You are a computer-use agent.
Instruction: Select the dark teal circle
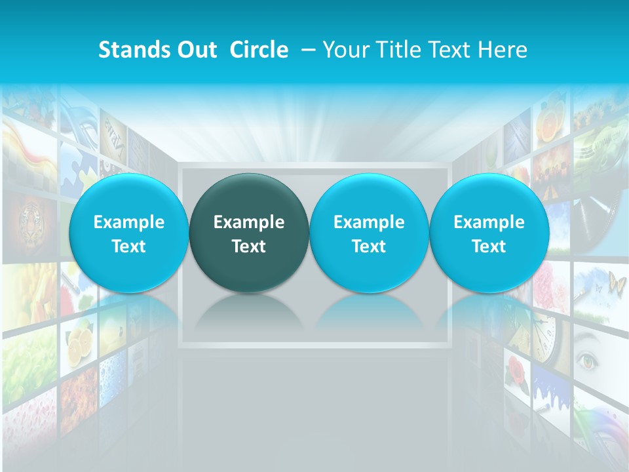click(x=249, y=233)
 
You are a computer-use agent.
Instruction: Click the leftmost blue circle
click(x=128, y=233)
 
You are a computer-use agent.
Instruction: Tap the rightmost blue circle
click(x=489, y=233)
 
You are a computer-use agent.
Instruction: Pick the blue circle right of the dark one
click(x=369, y=233)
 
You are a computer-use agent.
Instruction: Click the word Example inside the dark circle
click(x=249, y=222)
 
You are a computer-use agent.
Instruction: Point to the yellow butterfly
click(x=617, y=284)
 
